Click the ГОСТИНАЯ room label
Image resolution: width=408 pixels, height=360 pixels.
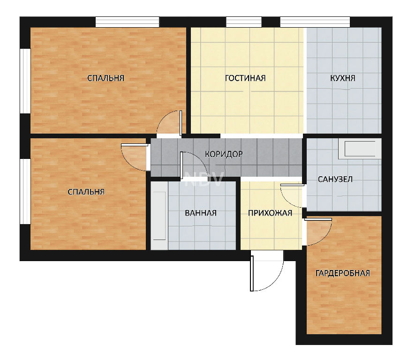click(245, 78)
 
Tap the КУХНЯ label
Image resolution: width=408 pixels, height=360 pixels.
click(343, 78)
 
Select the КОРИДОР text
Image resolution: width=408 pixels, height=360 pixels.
click(224, 154)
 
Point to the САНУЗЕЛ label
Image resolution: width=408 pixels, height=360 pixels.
click(335, 179)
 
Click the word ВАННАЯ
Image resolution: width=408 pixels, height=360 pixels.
click(201, 213)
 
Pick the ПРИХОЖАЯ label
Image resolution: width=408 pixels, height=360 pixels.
click(270, 213)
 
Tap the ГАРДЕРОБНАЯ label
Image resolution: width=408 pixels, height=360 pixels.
click(343, 273)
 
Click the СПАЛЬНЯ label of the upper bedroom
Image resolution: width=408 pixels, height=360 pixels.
click(106, 78)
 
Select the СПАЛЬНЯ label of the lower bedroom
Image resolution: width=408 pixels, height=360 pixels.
click(86, 192)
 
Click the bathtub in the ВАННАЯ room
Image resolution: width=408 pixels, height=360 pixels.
click(159, 216)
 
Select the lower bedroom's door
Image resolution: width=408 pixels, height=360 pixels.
click(135, 157)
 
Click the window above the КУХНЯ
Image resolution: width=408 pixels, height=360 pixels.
click(315, 22)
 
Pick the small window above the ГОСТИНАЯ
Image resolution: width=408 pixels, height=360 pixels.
click(243, 22)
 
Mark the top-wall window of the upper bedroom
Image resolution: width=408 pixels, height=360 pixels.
click(127, 22)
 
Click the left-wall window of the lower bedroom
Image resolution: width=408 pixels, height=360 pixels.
click(25, 191)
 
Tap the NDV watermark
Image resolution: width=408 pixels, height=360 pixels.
click(204, 179)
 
